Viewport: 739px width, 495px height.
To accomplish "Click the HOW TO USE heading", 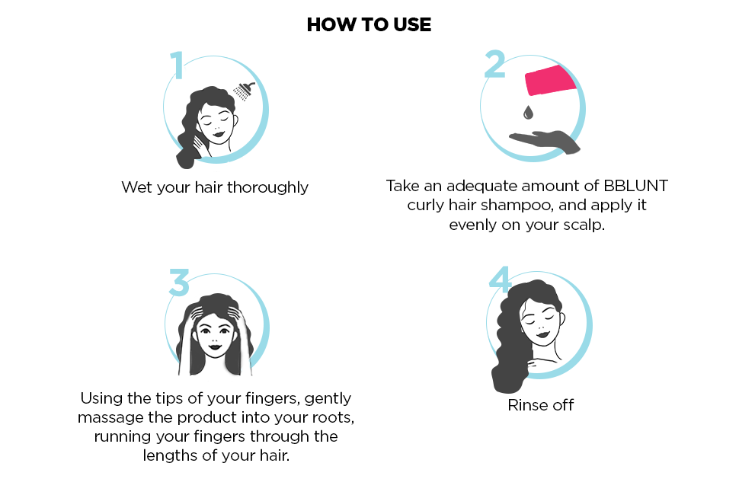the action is [x=369, y=24].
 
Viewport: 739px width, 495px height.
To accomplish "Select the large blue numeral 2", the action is [x=495, y=64].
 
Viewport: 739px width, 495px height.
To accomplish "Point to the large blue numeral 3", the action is [x=179, y=282].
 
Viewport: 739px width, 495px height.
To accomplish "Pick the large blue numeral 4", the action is [x=500, y=279].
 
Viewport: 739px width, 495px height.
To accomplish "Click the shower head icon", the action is [x=244, y=91].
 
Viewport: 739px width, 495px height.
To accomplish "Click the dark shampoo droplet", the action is [x=528, y=112].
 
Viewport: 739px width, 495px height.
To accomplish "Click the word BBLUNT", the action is [x=635, y=186].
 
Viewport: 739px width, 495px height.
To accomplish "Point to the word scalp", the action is [x=581, y=225].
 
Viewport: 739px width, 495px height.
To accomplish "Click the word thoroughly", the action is [x=267, y=187].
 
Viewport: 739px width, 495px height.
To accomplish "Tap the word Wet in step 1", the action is [x=136, y=187].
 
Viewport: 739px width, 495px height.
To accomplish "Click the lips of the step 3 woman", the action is [x=216, y=347].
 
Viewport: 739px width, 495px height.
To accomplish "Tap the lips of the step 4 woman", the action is [x=542, y=335].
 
